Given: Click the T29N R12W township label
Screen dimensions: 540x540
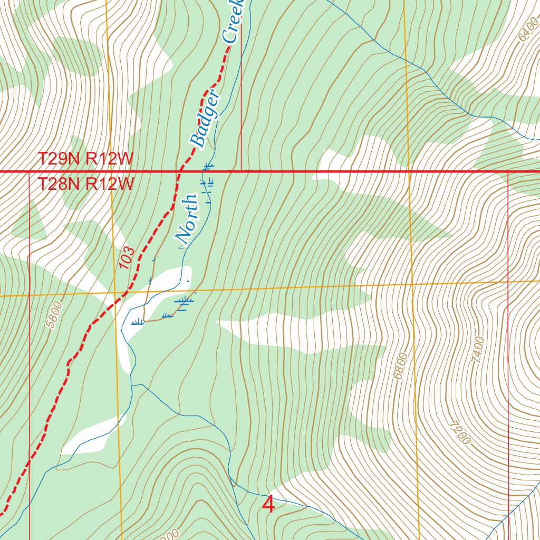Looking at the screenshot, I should click(x=84, y=159).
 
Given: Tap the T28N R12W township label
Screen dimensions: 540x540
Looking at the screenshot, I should click(x=84, y=184).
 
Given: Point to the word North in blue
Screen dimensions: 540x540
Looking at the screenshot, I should click(x=188, y=216).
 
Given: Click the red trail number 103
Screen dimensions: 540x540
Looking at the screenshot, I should click(x=127, y=258).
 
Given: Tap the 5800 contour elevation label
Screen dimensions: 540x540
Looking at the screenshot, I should click(x=54, y=315).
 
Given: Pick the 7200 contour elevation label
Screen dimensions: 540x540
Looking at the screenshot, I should click(x=459, y=433).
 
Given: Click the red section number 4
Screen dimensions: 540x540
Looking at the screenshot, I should click(x=268, y=505).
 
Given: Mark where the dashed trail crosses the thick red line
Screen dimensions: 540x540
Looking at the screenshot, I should click(x=180, y=171).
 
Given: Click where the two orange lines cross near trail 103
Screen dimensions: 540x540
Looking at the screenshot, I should click(x=114, y=292).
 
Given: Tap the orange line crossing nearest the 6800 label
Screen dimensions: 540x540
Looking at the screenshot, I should click(x=412, y=284).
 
